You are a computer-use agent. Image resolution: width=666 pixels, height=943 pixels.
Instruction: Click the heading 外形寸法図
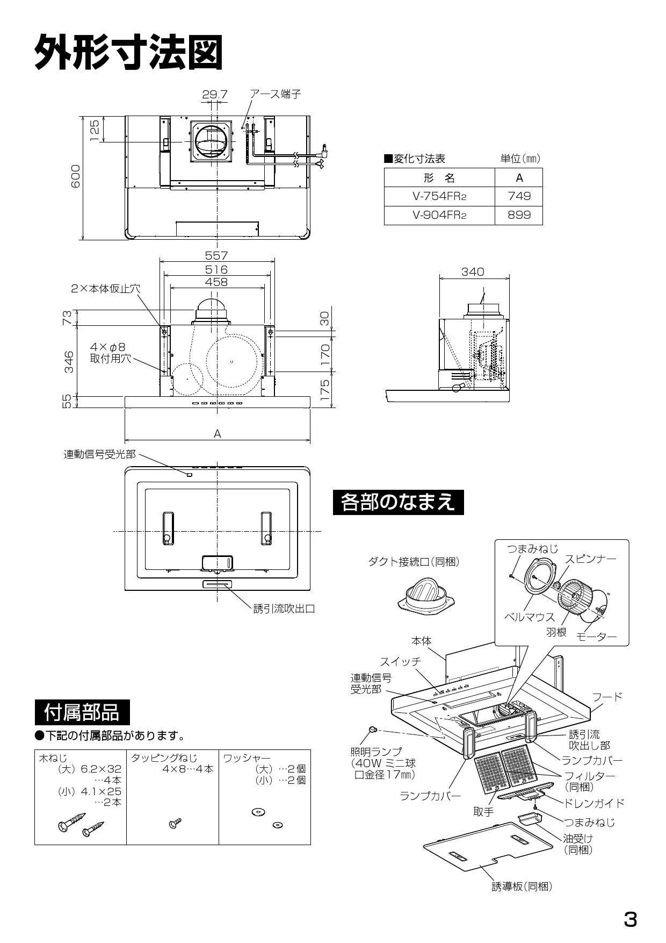128,52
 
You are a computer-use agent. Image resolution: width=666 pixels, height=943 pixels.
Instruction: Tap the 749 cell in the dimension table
519,196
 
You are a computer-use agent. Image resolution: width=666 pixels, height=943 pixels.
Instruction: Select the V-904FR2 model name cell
439,215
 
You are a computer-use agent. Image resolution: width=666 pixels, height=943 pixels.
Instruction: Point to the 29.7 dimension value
215,95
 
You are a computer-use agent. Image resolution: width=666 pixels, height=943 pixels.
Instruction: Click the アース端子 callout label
276,95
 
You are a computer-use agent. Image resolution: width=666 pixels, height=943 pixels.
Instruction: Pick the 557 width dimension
216,256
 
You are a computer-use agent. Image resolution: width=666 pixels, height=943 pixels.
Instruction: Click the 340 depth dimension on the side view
473,272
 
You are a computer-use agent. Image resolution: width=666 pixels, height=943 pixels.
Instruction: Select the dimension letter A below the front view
218,434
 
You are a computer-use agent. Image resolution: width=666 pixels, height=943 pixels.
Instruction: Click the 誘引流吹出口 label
284,609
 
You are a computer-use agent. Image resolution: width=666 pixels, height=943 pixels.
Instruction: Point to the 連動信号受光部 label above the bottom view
100,455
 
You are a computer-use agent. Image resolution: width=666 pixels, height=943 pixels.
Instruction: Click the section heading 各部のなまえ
398,502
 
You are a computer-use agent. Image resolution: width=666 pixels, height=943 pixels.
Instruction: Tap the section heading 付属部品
82,713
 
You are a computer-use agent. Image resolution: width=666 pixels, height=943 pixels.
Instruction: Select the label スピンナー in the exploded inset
590,559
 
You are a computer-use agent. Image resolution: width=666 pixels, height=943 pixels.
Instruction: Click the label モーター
596,637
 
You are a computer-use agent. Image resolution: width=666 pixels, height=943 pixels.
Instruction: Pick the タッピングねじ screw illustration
175,823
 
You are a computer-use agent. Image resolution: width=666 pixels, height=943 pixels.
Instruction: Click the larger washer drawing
257,812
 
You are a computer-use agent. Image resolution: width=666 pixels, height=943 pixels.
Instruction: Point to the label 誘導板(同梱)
522,887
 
